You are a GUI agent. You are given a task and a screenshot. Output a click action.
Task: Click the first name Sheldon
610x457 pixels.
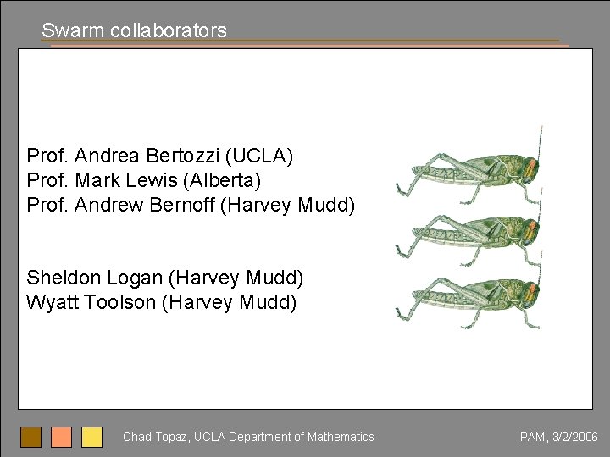[x=63, y=278]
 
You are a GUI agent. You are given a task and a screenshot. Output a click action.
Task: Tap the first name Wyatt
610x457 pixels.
[x=53, y=302]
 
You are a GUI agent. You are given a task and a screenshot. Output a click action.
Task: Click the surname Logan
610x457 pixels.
[x=136, y=278]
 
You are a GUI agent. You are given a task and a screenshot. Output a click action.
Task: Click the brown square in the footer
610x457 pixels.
[x=31, y=437]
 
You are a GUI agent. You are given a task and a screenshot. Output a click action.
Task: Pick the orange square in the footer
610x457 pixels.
[x=61, y=437]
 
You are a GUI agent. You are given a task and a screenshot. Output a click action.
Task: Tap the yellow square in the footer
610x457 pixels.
[x=91, y=437]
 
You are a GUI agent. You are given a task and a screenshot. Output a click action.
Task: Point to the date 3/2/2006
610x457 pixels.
[x=575, y=437]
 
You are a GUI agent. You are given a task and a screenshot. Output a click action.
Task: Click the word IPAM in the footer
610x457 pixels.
[x=530, y=437]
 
